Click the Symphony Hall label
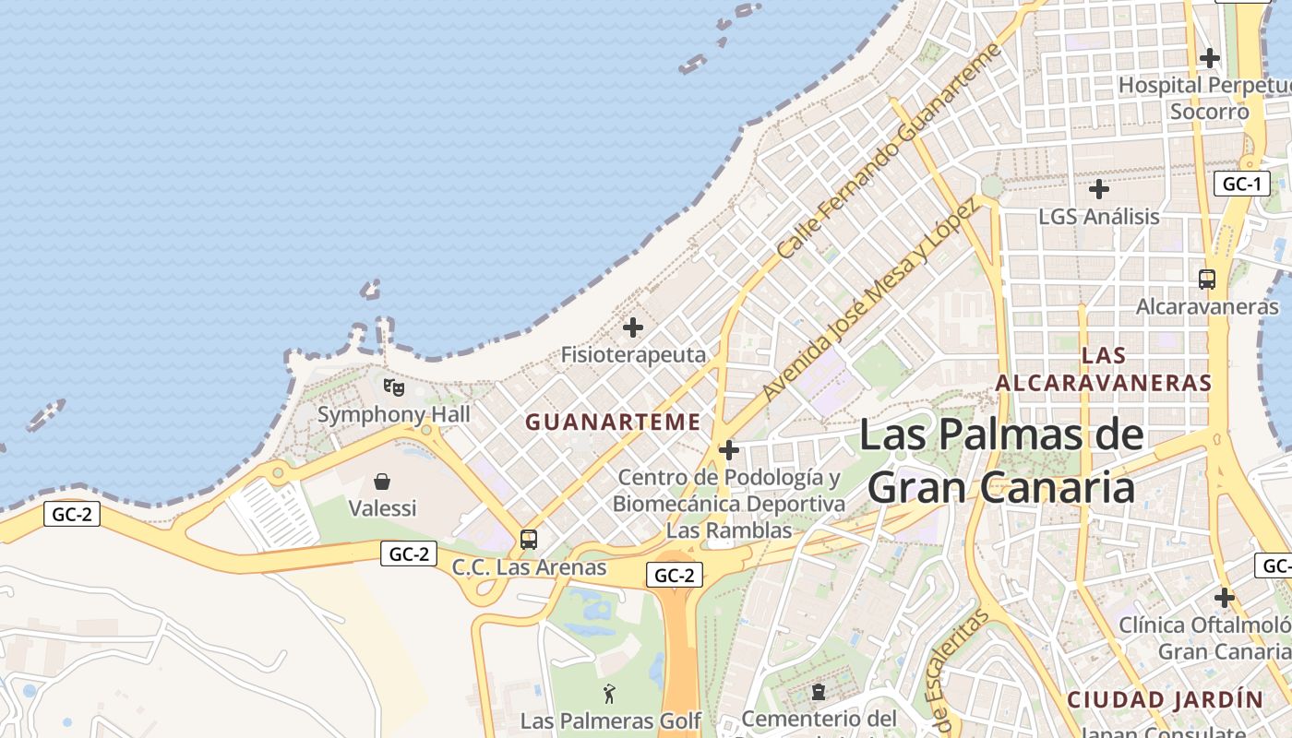tap(394, 414)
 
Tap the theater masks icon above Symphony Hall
tap(394, 387)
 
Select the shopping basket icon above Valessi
tap(382, 481)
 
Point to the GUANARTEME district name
tap(613, 423)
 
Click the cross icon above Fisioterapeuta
tap(633, 327)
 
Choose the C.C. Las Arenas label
tap(529, 567)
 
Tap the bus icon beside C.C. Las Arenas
tap(529, 540)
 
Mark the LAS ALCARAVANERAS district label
tap(1104, 369)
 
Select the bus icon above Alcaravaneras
tap(1207, 279)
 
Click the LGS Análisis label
tap(1098, 217)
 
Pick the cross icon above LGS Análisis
tap(1098, 189)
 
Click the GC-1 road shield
tap(1241, 184)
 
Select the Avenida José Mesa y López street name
tap(868, 300)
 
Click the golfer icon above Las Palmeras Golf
tap(609, 693)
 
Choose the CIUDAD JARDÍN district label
tap(1165, 699)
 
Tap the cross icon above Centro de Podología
tap(729, 450)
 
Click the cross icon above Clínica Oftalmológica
tap(1224, 598)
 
